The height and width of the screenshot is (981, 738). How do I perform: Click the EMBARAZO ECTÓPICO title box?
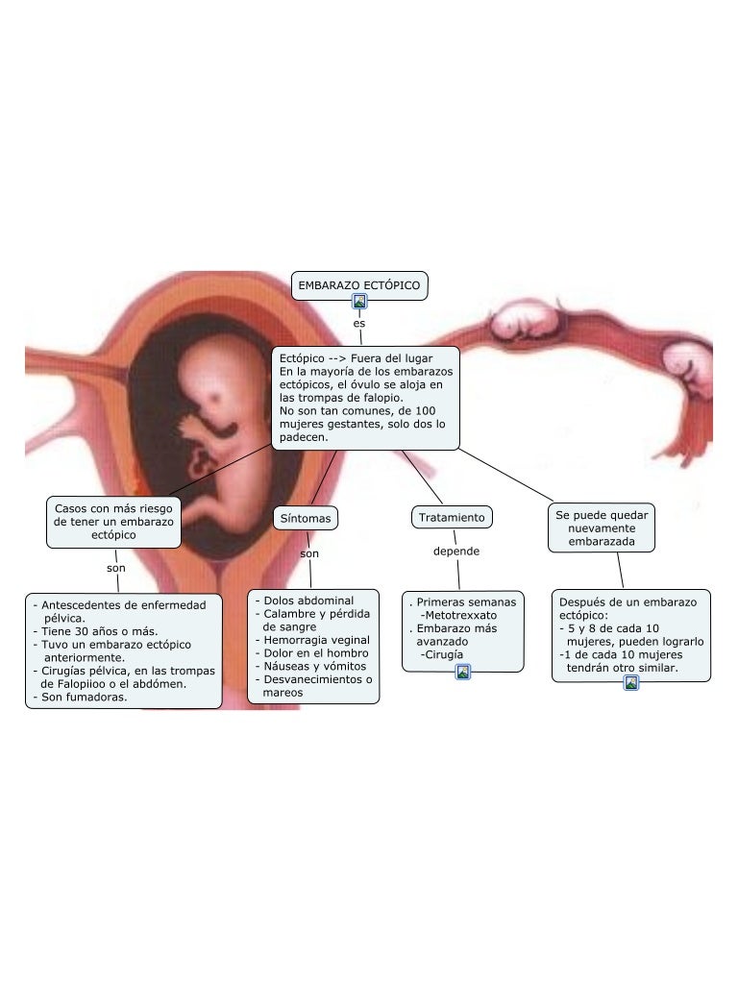[x=359, y=285]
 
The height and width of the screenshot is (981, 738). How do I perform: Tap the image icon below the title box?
[x=360, y=302]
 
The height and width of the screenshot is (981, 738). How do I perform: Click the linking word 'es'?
[x=358, y=324]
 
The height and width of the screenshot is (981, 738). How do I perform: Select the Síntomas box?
[x=306, y=518]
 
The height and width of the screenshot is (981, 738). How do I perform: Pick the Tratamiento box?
[x=452, y=517]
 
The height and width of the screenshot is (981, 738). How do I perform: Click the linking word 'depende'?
[x=456, y=552]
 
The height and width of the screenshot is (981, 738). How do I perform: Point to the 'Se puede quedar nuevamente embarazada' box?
[x=602, y=528]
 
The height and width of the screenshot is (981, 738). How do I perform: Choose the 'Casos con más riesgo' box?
[x=113, y=522]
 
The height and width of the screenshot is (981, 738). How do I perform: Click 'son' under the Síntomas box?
[x=309, y=553]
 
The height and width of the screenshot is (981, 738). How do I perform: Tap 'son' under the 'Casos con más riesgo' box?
[x=116, y=568]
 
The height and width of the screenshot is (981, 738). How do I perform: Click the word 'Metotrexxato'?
[x=460, y=615]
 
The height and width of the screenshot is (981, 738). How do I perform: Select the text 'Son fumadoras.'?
[x=84, y=697]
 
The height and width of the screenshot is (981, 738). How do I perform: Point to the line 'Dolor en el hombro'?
[x=316, y=653]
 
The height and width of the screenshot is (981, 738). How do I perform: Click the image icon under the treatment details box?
[x=462, y=673]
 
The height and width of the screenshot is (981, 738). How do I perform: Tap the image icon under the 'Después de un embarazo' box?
[x=631, y=682]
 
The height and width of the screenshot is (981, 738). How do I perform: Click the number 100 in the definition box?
[x=425, y=411]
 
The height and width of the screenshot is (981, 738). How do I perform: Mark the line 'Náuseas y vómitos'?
[x=315, y=666]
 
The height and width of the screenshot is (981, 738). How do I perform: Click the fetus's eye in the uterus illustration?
[x=215, y=397]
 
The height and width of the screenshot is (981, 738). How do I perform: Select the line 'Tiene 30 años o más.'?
[x=100, y=631]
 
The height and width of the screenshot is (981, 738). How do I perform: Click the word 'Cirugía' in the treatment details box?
[x=444, y=654]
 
